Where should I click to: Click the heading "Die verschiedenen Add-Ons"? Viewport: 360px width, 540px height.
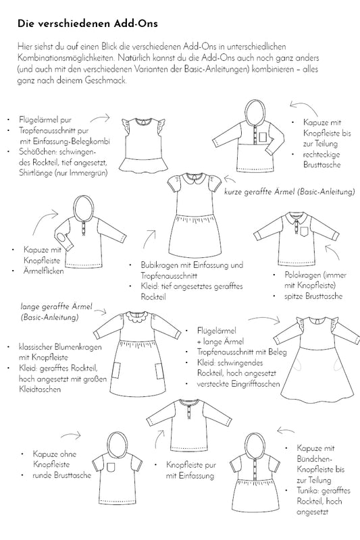click(88, 24)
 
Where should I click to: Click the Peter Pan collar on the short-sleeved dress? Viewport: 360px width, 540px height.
click(194, 179)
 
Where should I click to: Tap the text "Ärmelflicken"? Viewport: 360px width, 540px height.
click(43, 271)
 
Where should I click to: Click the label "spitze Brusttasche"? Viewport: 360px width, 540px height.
click(313, 296)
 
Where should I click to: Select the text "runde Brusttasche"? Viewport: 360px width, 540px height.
click(62, 475)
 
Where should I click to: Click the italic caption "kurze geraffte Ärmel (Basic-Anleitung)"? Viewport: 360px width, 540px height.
click(289, 192)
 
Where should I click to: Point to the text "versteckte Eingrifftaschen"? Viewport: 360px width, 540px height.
click(238, 383)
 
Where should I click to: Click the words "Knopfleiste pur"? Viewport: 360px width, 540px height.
click(191, 465)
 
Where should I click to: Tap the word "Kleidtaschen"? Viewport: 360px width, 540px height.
click(40, 389)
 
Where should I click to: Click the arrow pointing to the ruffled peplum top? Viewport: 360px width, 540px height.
click(100, 119)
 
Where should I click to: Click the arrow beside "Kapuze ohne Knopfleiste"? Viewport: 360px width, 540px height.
click(71, 435)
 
